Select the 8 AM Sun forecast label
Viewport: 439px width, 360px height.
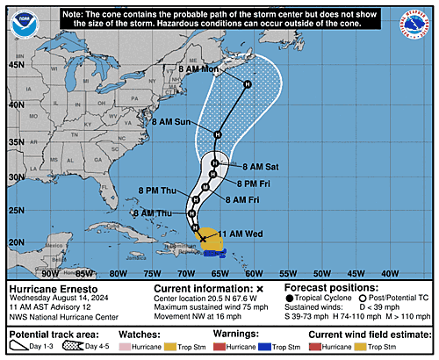191,122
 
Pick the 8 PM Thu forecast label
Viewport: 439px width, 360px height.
158,188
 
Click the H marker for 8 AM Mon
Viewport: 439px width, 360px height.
248,84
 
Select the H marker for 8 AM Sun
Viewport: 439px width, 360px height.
218,134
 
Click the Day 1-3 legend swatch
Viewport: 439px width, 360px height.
24,347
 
